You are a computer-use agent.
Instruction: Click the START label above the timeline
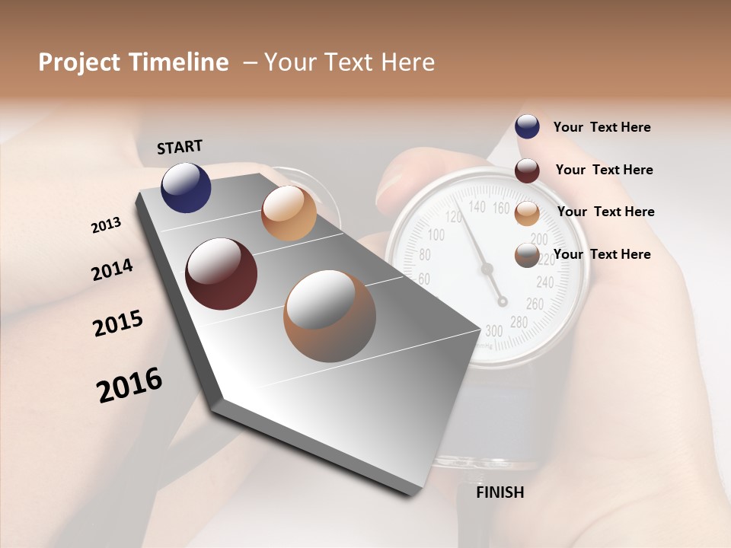coord(180,147)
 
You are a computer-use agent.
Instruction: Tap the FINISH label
coord(500,492)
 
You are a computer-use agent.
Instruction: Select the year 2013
coord(107,225)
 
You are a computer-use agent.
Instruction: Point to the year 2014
coord(113,269)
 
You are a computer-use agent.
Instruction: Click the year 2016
coord(129,385)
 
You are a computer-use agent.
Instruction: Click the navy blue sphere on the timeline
coord(186,186)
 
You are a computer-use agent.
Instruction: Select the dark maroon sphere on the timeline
coord(221,274)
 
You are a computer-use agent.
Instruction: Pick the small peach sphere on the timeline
coord(289,213)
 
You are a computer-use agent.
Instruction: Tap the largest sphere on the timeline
coord(330,316)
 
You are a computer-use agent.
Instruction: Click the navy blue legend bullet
coord(527,127)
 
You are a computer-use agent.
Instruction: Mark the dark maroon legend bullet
coord(527,170)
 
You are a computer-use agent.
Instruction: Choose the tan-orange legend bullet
coord(527,213)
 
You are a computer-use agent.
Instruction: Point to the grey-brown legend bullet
coord(527,255)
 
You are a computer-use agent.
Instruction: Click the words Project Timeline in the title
coord(133,62)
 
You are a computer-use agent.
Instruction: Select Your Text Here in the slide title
coord(350,62)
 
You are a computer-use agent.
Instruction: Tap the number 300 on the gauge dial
coord(493,330)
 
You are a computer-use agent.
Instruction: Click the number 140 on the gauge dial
coord(477,206)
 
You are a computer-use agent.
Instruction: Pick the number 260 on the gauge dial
coord(535,304)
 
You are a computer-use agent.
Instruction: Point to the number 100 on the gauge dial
coord(436,234)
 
